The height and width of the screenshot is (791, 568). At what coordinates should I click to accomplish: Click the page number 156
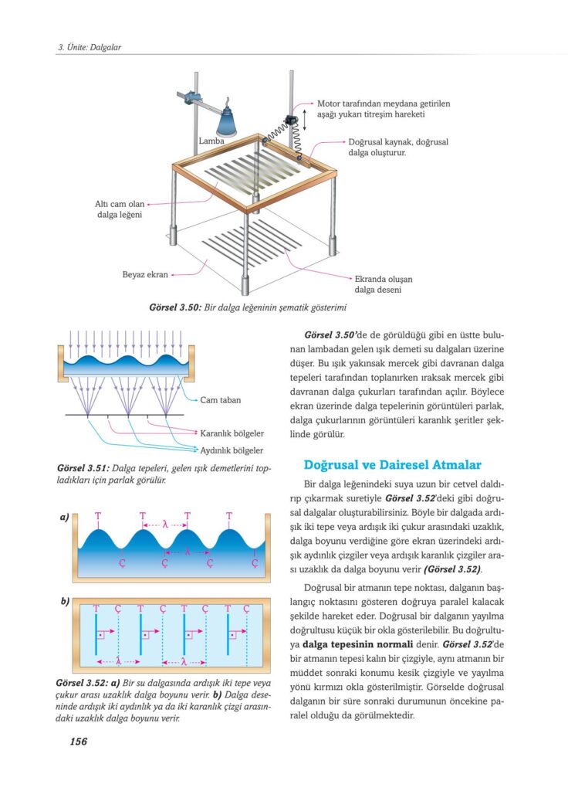[x=78, y=742]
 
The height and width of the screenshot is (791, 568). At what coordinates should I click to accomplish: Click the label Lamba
[x=211, y=141]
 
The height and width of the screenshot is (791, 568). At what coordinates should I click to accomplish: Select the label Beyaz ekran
[x=144, y=273]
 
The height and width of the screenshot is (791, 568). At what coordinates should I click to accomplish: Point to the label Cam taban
[x=220, y=400]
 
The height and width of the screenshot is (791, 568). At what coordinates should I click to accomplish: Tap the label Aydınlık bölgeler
[x=232, y=450]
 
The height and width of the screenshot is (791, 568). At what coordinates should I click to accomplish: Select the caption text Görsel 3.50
[x=175, y=307]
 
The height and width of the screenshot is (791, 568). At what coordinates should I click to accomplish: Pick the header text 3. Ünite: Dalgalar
[x=90, y=47]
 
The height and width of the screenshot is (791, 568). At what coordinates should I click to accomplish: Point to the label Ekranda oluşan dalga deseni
[x=381, y=284]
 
